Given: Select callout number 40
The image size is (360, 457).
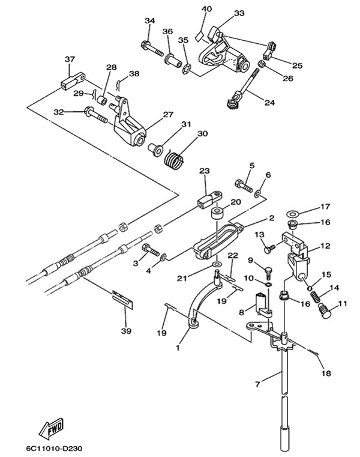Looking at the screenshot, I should click(x=206, y=9).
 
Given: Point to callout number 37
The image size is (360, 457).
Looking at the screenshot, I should click(x=70, y=59).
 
